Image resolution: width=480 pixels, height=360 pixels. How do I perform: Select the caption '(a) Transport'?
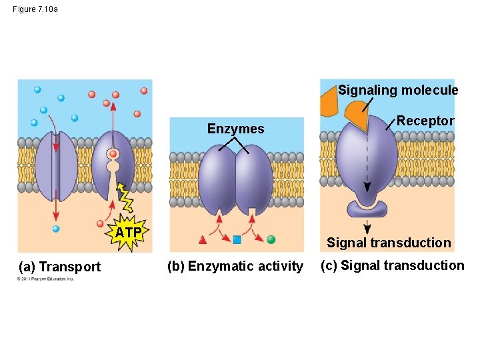[60, 267]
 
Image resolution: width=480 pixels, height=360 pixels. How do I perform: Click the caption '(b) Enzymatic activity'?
[235, 267]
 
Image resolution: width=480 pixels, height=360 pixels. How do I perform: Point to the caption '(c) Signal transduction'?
[392, 265]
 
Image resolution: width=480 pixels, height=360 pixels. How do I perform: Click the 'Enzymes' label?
[235, 129]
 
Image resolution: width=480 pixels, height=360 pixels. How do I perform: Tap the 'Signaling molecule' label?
[398, 90]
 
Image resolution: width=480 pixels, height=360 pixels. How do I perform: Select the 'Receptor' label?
[425, 121]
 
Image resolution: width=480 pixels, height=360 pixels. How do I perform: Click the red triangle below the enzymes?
[203, 239]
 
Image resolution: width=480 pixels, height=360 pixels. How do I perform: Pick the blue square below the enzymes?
[237, 239]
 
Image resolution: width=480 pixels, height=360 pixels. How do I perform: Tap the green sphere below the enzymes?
[271, 239]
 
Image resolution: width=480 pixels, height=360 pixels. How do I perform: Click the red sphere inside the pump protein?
[113, 154]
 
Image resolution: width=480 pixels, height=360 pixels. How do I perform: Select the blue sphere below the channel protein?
[56, 229]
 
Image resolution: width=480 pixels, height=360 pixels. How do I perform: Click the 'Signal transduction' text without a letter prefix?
[389, 243]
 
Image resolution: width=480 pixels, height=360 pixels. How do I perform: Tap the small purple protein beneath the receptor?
[367, 208]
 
